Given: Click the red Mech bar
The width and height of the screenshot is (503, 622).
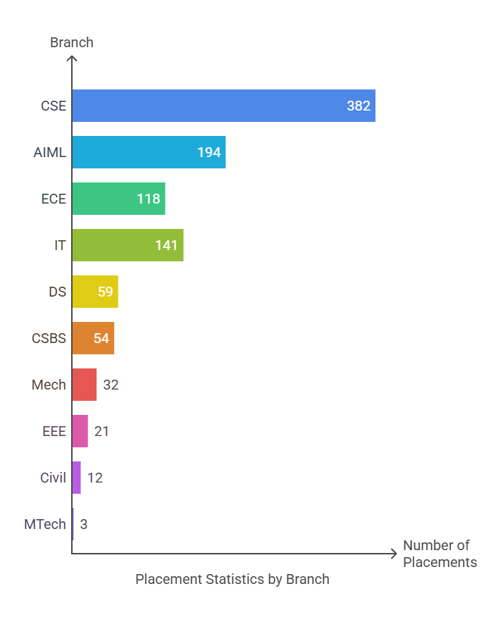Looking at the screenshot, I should [84, 385].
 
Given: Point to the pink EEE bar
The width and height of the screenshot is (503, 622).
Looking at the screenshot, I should [80, 431].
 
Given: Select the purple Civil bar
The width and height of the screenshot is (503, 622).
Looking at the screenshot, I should [76, 478].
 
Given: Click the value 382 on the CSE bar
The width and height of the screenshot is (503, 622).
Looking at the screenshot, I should [359, 106].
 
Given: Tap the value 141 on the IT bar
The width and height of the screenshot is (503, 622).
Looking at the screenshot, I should [167, 245].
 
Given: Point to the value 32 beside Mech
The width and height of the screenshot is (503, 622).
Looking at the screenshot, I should [111, 385].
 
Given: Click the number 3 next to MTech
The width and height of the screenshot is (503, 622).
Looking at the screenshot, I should [84, 524].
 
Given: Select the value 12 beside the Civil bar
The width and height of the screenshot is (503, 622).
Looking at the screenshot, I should [95, 478].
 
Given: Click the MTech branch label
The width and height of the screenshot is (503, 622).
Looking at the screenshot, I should [45, 524].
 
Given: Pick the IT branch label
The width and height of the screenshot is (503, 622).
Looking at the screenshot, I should [60, 245].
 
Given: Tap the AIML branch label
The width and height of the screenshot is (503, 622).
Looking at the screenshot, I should [50, 152].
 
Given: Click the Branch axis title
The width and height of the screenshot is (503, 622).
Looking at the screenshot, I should [72, 42].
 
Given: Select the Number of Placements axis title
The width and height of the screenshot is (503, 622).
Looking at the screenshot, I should [440, 554].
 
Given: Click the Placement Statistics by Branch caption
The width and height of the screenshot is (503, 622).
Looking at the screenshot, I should [232, 579].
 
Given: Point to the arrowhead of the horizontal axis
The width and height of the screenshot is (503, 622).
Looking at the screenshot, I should [395, 554].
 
